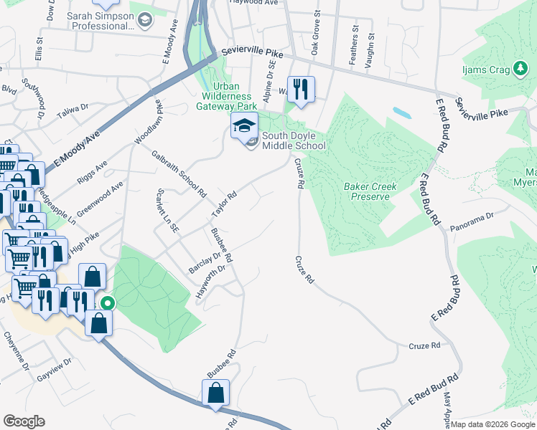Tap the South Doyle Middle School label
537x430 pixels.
point(293,140)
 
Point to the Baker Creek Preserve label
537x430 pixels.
point(370,191)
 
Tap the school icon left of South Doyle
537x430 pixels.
point(244,126)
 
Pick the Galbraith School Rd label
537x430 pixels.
point(178,173)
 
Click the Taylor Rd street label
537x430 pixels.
point(224,206)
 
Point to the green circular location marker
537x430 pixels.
point(107,303)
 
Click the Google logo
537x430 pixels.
point(24,421)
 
